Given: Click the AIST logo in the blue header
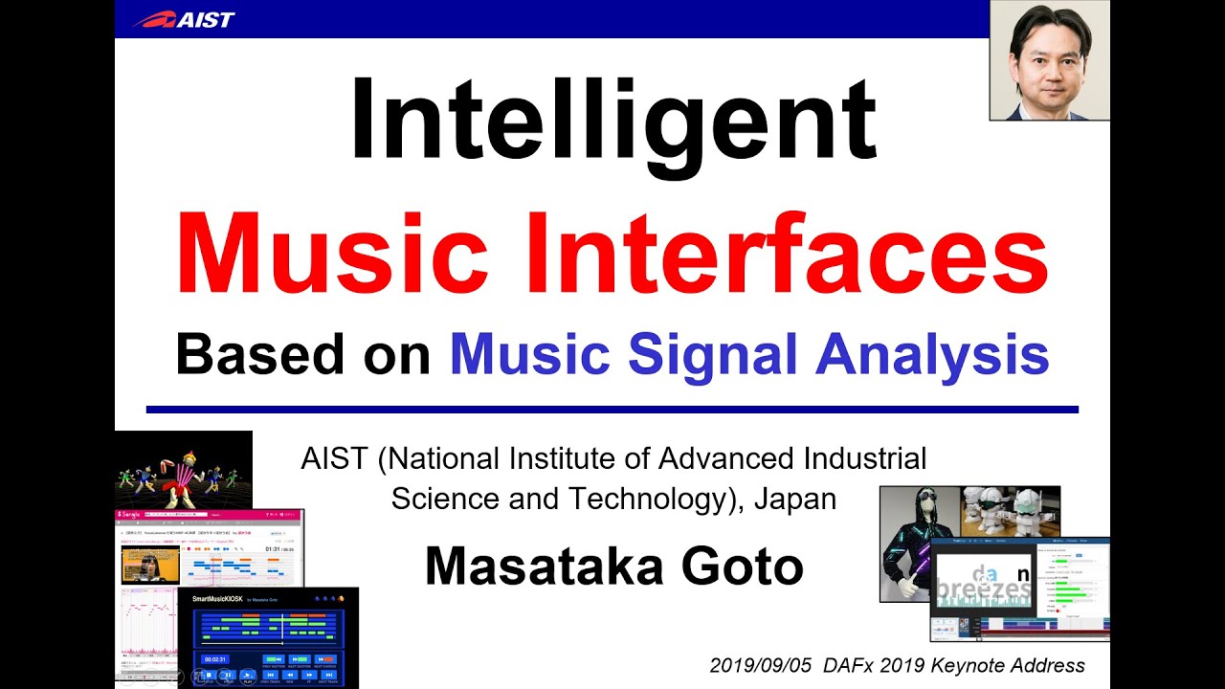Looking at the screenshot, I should [x=184, y=19].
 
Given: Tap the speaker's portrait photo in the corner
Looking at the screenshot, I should [x=1049, y=59].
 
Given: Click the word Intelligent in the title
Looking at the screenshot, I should [x=612, y=120].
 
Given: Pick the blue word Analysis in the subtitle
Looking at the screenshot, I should [x=932, y=355].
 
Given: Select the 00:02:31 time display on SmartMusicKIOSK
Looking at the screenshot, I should [x=214, y=658].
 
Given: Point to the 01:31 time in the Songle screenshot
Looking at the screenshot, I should [x=272, y=548].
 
